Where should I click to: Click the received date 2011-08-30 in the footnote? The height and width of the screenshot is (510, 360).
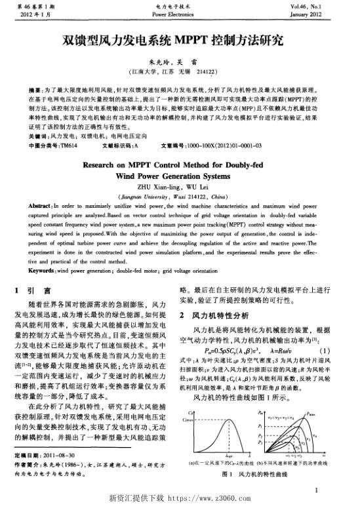(x=68, y=454)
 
